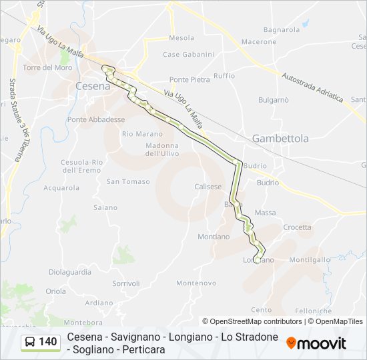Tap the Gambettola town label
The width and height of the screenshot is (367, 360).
[x=280, y=139]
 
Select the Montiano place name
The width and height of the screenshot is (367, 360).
[x=214, y=237]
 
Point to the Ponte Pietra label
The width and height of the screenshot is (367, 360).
[x=190, y=79]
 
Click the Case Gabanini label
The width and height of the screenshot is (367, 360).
[x=189, y=55]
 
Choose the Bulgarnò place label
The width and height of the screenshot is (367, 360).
[x=274, y=100]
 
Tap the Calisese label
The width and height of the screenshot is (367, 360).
[x=208, y=187]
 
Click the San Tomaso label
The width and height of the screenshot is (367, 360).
[x=128, y=181]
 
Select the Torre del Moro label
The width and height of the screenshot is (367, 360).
[x=47, y=68]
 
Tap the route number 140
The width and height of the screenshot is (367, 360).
[x=47, y=342]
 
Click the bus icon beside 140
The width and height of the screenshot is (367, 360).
[x=30, y=342]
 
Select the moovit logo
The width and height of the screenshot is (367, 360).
[x=316, y=343]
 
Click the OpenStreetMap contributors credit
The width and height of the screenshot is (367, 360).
[x=252, y=321]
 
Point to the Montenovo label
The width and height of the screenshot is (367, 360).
[x=196, y=283]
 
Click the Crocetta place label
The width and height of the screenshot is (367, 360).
[x=297, y=227]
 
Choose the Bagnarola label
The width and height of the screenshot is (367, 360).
[x=282, y=30]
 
